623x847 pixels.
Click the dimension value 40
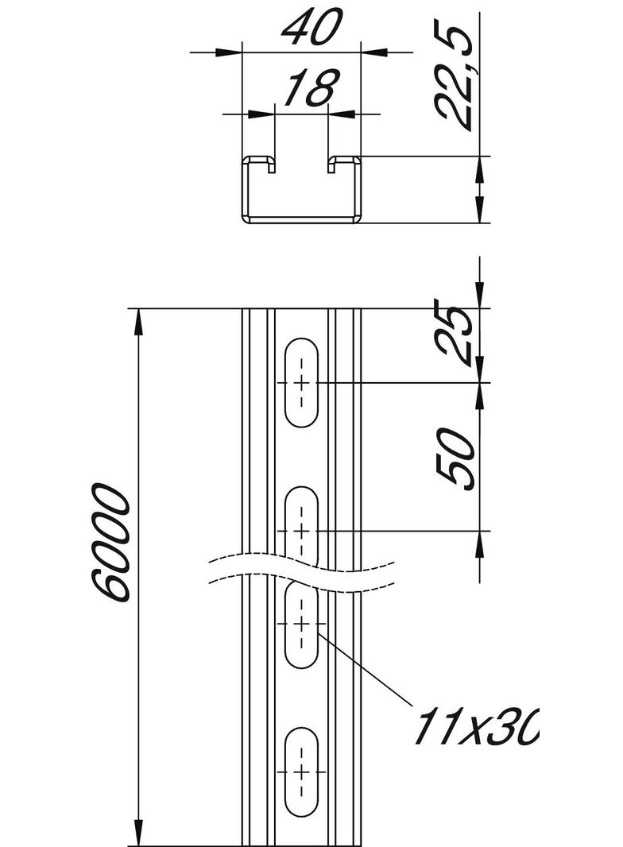click(x=311, y=28)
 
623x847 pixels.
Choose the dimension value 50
click(x=455, y=457)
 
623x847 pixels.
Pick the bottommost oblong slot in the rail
click(x=301, y=771)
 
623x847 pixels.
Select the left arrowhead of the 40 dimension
click(x=230, y=52)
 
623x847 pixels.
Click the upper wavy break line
click(x=301, y=559)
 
